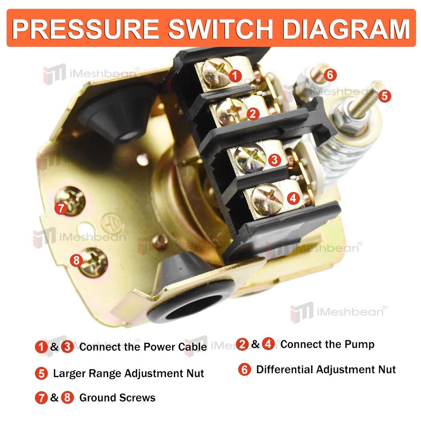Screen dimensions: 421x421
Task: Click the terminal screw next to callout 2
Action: tap(231, 111)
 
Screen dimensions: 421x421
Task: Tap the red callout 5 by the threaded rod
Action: tap(384, 96)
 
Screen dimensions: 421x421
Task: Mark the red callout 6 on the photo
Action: tap(330, 75)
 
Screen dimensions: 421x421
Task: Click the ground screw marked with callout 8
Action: tap(93, 261)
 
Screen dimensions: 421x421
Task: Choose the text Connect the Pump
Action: tap(327, 344)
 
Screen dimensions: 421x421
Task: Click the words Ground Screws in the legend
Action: tap(117, 397)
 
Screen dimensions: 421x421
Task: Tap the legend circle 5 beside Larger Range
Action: tap(41, 373)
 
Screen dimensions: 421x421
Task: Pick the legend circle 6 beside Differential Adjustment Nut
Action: tap(244, 370)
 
